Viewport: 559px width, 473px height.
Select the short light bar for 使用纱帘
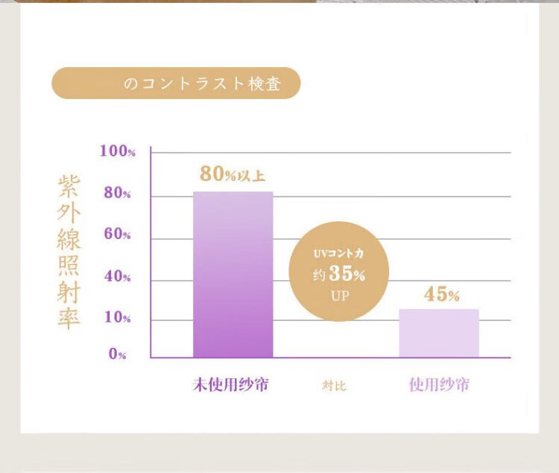click(x=438, y=333)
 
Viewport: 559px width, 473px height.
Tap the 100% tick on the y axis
click(x=118, y=151)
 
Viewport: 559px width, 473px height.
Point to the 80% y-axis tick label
click(x=117, y=194)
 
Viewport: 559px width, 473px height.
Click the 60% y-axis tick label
click(x=117, y=235)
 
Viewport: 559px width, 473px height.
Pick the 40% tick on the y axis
click(x=117, y=277)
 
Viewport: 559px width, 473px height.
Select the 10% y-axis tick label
click(x=117, y=318)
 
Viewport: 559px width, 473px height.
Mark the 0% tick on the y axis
click(x=118, y=355)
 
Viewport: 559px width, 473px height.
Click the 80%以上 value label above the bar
click(x=232, y=174)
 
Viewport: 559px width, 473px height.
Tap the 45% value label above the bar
click(x=441, y=294)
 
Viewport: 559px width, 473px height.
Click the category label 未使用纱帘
click(x=231, y=385)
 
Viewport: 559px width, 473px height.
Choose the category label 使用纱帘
click(x=439, y=385)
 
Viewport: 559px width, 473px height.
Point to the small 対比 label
click(x=334, y=386)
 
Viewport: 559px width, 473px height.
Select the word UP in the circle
click(x=339, y=295)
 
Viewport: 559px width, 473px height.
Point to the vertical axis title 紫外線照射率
click(x=69, y=253)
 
